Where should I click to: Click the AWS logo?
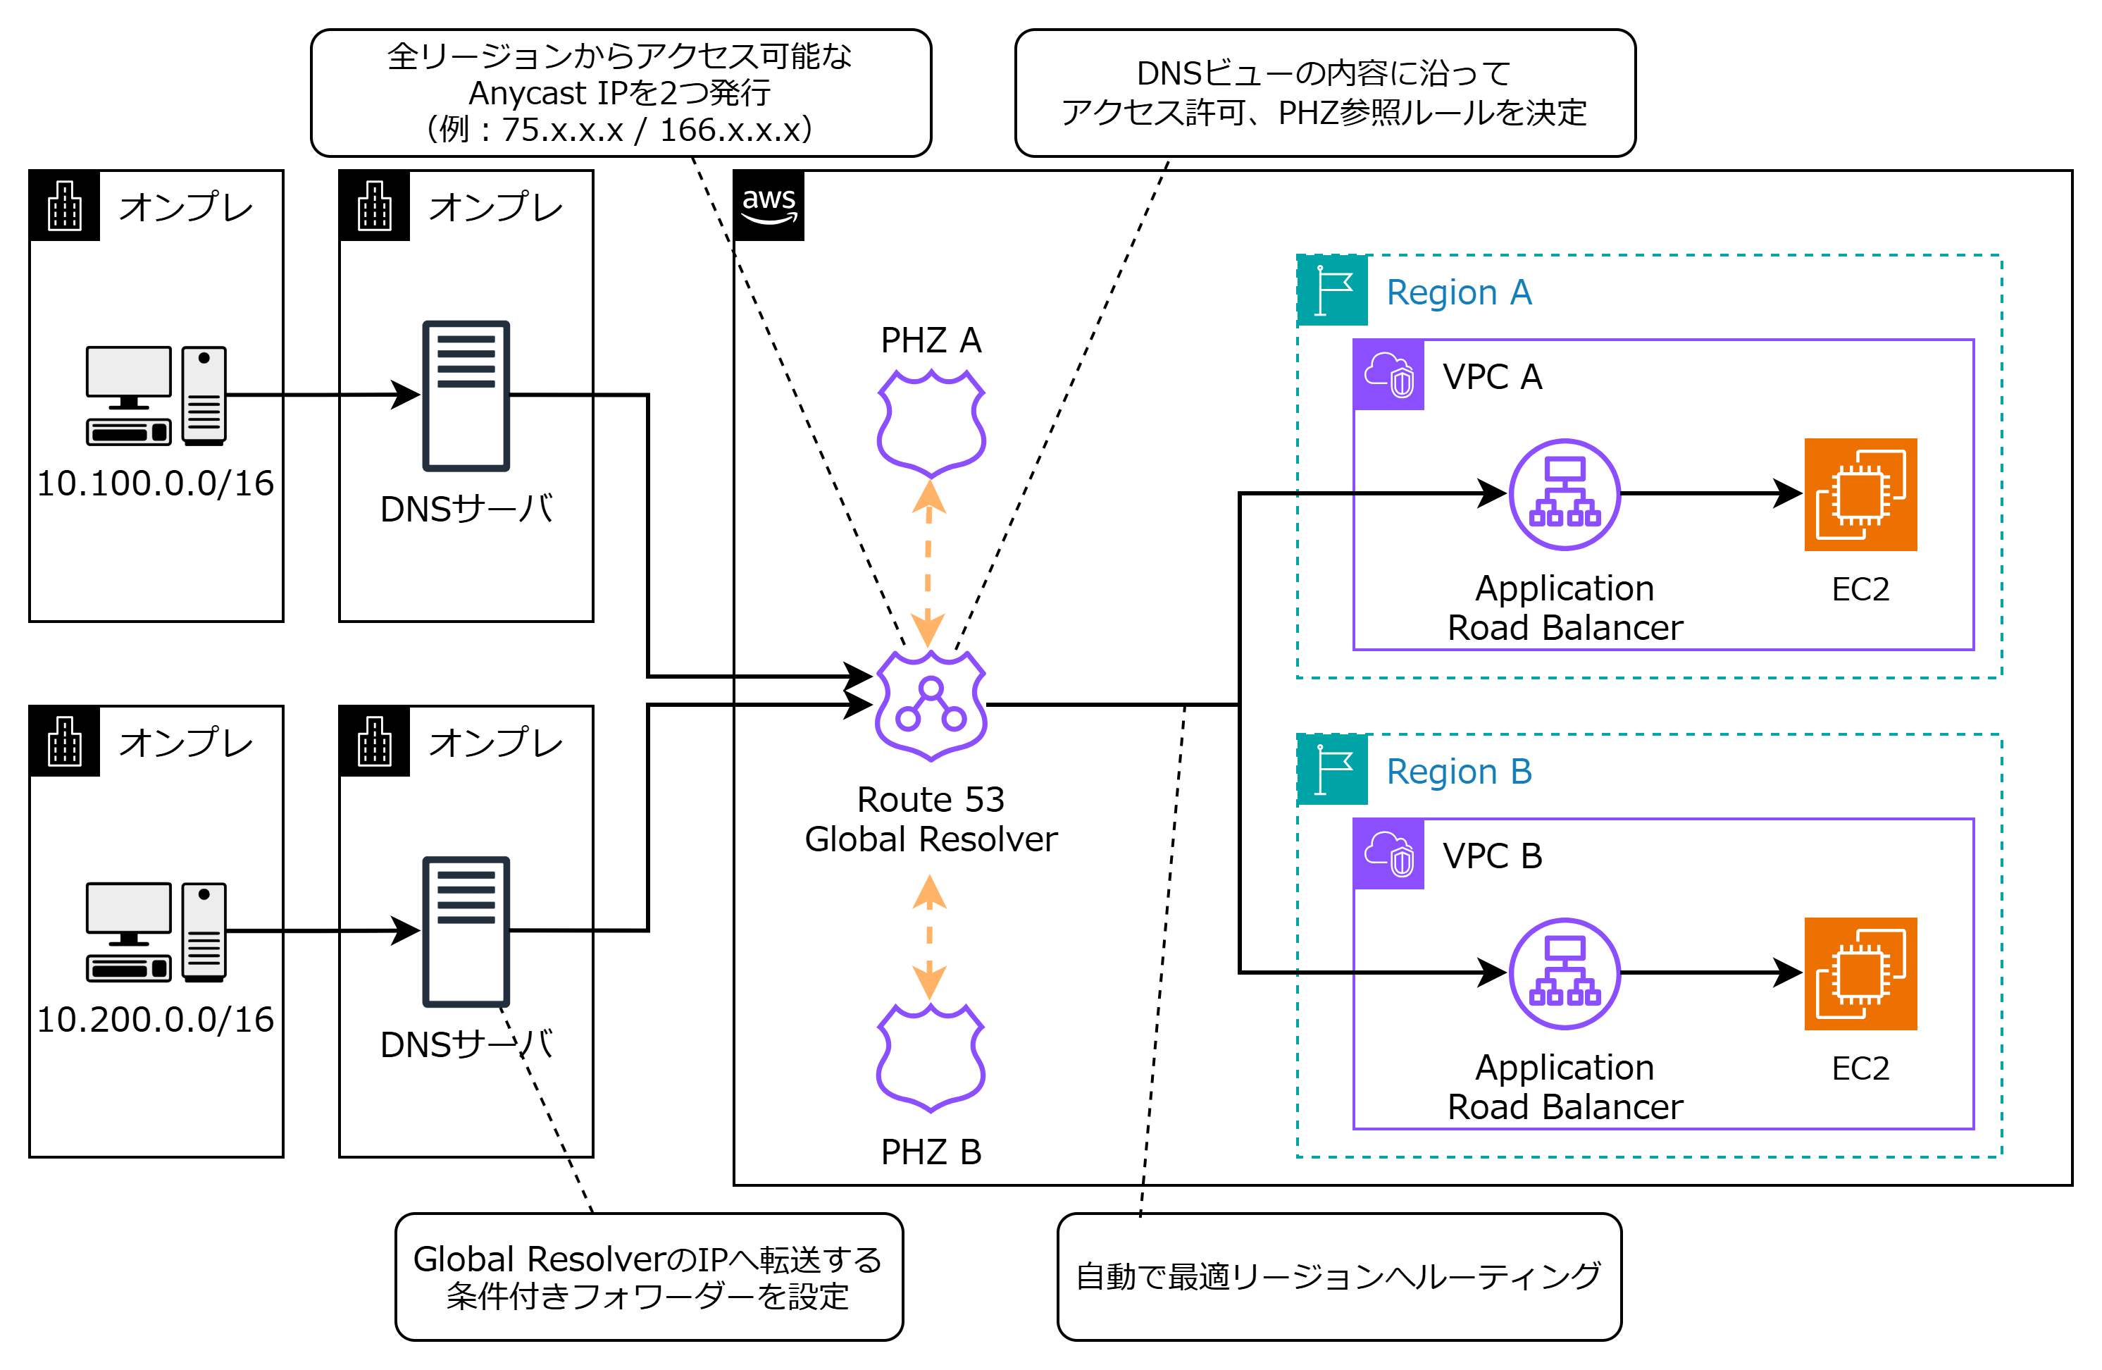[x=769, y=206]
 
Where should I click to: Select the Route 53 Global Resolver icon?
[x=930, y=705]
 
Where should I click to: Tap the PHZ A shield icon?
[x=931, y=422]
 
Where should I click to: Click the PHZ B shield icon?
[x=930, y=1056]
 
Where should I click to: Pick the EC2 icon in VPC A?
[x=1860, y=494]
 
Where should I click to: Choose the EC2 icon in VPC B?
[x=1860, y=973]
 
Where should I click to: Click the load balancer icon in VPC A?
[x=1564, y=494]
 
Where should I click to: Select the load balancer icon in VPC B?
[x=1564, y=973]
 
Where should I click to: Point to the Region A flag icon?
[x=1333, y=290]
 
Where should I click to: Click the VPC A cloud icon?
[x=1388, y=374]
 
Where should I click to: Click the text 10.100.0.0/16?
[x=156, y=484]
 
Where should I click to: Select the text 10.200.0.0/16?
[x=156, y=1019]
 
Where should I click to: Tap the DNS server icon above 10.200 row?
[x=466, y=931]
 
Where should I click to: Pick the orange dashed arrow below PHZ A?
[x=928, y=562]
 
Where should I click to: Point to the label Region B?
[x=1458, y=771]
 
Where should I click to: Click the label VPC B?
[x=1492, y=855]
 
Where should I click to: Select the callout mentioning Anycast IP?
[x=620, y=93]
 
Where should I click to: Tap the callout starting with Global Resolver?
[x=648, y=1276]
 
